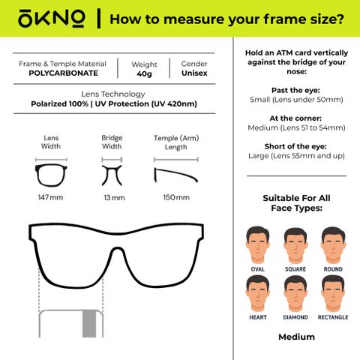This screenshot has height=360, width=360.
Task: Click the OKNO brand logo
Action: click(52, 19)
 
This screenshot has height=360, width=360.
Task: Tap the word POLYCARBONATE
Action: click(63, 73)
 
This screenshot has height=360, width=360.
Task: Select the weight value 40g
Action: click(144, 74)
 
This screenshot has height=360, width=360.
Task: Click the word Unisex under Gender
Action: click(194, 73)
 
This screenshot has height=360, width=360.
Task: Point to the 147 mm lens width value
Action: click(50, 197)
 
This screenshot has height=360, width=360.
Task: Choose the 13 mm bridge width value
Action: click(114, 198)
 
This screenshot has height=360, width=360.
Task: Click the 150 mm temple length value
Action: click(176, 197)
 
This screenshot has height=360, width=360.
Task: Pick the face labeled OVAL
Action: click(258, 245)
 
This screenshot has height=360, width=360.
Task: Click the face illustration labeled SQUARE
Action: click(295, 245)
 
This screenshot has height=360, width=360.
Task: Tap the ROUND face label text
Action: click(333, 269)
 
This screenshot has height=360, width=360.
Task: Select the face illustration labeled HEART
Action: click(258, 294)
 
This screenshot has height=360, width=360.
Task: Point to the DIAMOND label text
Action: click(295, 317)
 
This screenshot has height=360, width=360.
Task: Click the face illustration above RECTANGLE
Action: click(333, 294)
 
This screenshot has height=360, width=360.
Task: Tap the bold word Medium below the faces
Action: click(296, 337)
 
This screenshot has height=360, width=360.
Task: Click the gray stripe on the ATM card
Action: click(89, 324)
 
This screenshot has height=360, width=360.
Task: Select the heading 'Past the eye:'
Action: click(295, 90)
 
